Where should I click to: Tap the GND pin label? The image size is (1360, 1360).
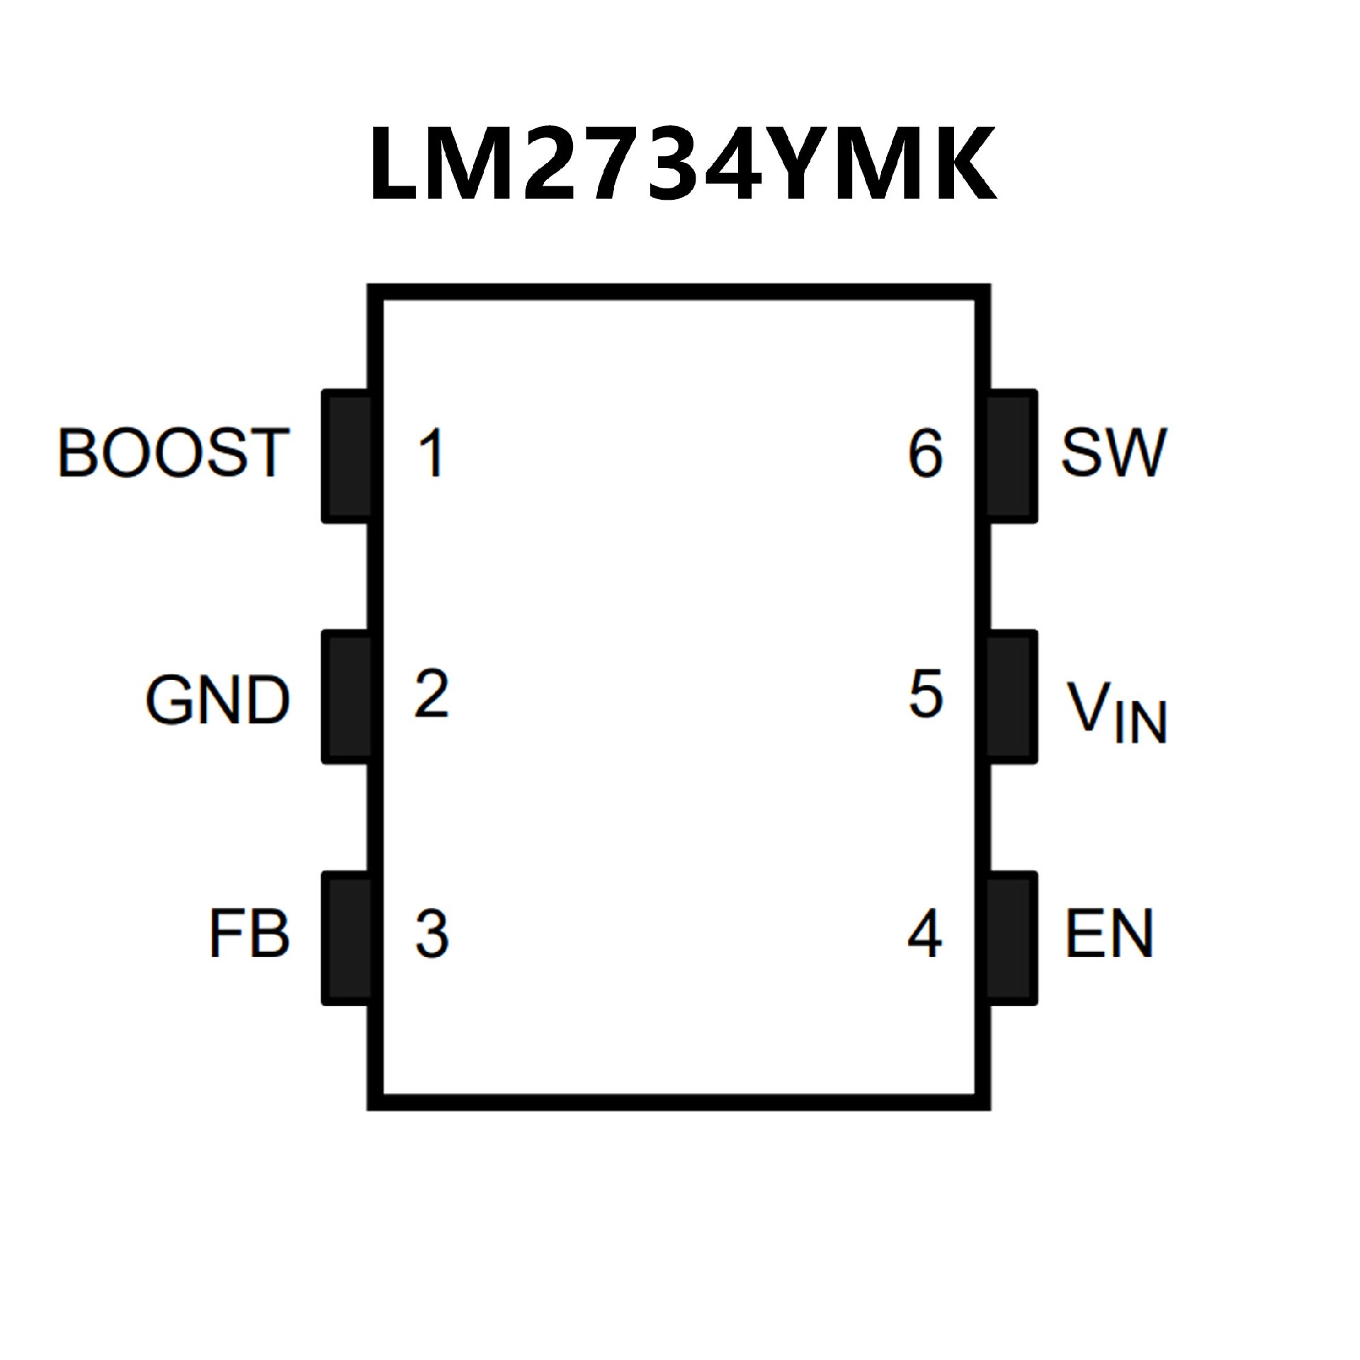(217, 700)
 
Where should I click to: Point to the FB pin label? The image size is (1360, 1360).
(249, 934)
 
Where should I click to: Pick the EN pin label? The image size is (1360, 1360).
(1109, 934)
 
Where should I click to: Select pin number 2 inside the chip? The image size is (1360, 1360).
(431, 693)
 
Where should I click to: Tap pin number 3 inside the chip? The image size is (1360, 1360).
(431, 934)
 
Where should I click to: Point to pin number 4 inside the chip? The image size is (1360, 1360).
(925, 934)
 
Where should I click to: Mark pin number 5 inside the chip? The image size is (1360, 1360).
(926, 693)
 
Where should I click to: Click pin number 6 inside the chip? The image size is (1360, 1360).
(926, 453)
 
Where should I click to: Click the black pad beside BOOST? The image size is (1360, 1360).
(347, 456)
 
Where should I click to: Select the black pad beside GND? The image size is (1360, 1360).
(347, 697)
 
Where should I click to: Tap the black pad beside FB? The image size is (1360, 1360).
(347, 938)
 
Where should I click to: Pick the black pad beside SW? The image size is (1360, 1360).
(1011, 456)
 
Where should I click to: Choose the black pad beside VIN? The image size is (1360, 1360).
(1011, 697)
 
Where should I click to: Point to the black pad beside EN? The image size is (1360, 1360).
(1011, 938)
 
